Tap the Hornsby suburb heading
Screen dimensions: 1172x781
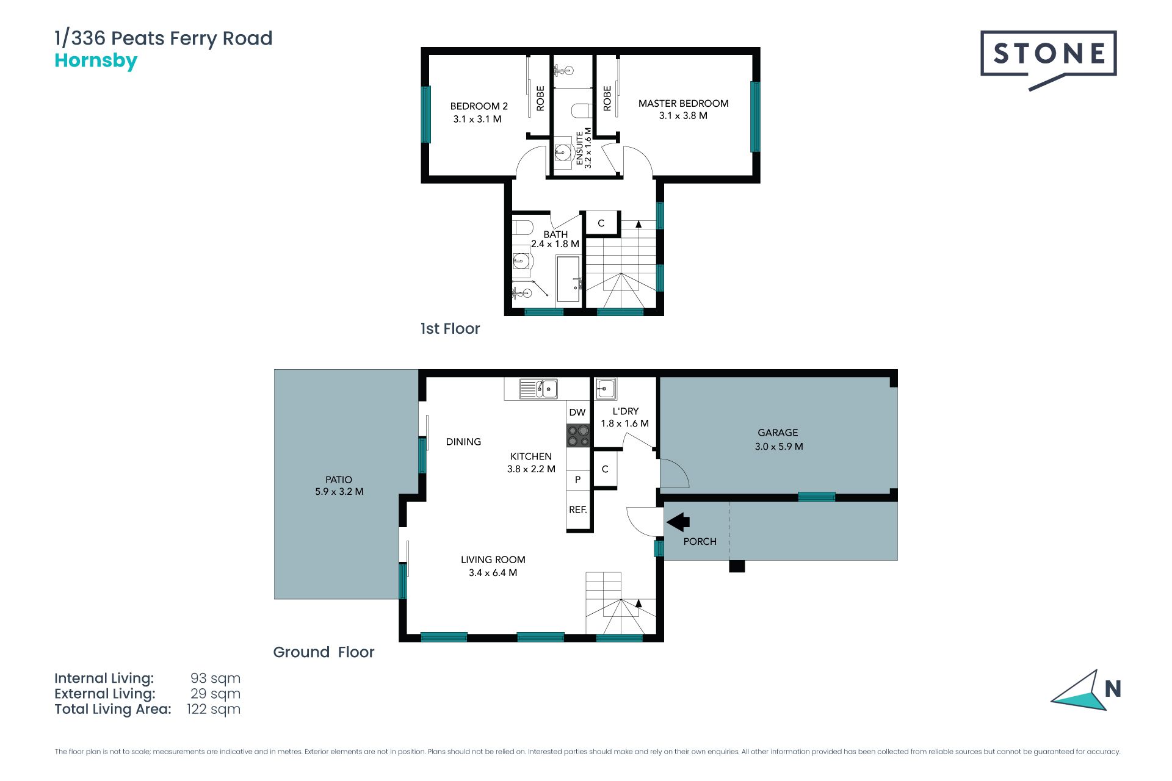click(x=96, y=61)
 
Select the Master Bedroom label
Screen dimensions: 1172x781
click(x=683, y=103)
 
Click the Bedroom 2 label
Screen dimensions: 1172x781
click(x=479, y=106)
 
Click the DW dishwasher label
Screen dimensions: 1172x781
click(x=577, y=412)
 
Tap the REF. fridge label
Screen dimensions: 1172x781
click(x=578, y=509)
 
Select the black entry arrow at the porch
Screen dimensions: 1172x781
click(x=678, y=522)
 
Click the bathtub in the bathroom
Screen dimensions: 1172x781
click(x=568, y=279)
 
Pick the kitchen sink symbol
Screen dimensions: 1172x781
click(x=538, y=389)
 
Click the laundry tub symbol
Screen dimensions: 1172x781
click(x=606, y=388)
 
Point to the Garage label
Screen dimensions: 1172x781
click(x=778, y=433)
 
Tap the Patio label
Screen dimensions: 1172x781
click(x=339, y=480)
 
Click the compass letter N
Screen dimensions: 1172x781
click(x=1113, y=689)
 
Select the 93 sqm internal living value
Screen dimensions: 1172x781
click(x=215, y=678)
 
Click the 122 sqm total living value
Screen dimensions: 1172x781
click(x=214, y=709)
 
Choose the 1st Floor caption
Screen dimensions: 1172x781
click(x=450, y=329)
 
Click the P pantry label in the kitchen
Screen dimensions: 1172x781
click(x=577, y=480)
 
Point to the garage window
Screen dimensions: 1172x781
click(x=817, y=497)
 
